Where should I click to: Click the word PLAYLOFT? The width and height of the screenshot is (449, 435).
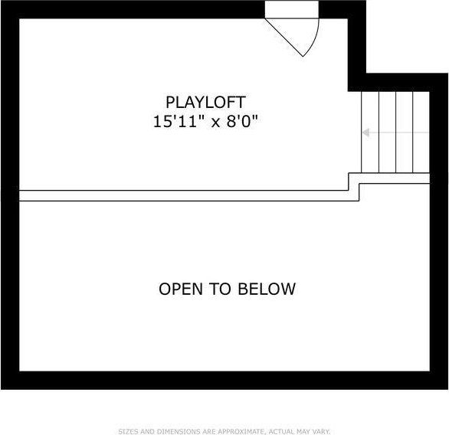pos(205,103)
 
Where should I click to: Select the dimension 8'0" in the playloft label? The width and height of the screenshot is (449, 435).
pos(242,121)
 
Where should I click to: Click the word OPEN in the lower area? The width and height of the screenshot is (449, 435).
pos(181,289)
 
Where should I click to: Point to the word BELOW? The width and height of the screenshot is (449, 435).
pos(267,289)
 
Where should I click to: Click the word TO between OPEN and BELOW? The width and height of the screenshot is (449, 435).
pos(220,289)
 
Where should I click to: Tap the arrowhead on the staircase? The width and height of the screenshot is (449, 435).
pos(365,132)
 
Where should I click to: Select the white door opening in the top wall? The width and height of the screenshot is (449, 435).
pos(292,9)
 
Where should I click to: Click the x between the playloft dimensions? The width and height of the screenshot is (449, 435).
pos(215,123)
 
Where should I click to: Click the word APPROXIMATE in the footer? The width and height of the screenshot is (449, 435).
pos(241,432)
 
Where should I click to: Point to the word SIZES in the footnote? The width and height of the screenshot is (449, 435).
pos(129,432)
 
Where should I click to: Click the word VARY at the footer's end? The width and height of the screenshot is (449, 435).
pos(322,432)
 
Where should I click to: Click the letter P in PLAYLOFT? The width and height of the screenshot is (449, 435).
pos(170,103)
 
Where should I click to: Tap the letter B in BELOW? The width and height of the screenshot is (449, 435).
pos(243,289)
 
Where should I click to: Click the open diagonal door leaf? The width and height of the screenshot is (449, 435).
pos(284,38)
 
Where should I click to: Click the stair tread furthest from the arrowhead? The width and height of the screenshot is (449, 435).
pos(421,132)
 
